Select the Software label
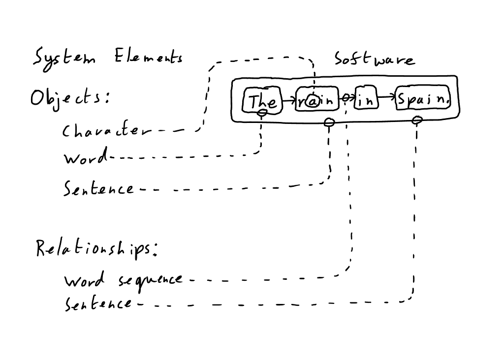[375, 60]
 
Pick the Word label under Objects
[85, 158]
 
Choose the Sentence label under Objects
[98, 188]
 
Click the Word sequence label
[123, 281]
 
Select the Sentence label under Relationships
[98, 304]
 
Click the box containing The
[262, 101]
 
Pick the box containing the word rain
[317, 101]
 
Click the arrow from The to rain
[288, 100]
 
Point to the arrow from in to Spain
[387, 98]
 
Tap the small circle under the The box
[263, 113]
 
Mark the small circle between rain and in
[346, 98]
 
